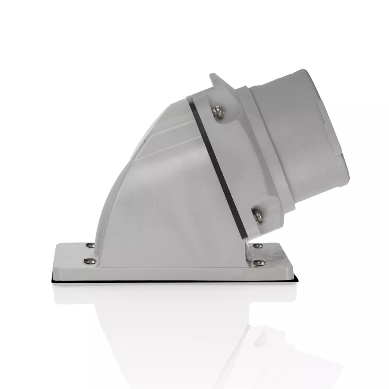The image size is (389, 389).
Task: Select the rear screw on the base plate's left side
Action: (x=90, y=245)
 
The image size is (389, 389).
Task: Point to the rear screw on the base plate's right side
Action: (x=258, y=245)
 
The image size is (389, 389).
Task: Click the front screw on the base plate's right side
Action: (x=260, y=263)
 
